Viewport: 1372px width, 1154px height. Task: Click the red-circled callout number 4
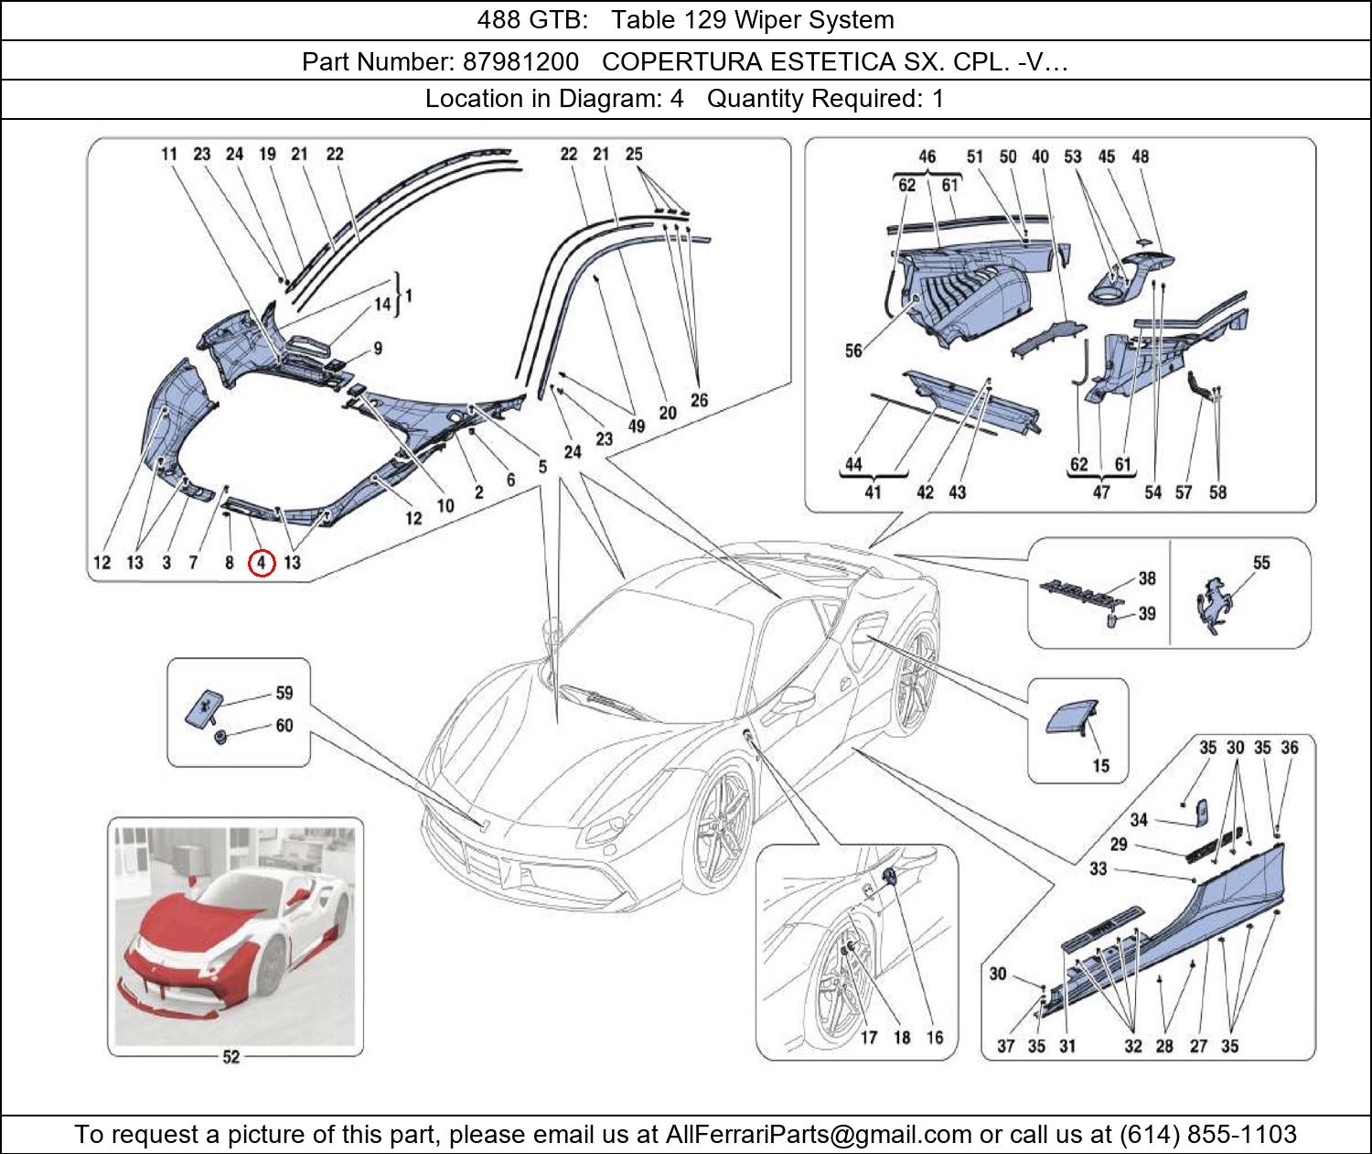[x=262, y=563]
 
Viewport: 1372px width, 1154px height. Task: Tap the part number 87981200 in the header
[x=520, y=61]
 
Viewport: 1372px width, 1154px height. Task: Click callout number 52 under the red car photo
[x=231, y=1057]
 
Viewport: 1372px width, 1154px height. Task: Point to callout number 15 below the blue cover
[x=1100, y=765]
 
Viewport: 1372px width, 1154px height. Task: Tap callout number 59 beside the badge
[x=284, y=693]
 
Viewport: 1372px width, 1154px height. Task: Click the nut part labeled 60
[x=220, y=736]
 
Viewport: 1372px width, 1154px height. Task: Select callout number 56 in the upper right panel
[x=852, y=351]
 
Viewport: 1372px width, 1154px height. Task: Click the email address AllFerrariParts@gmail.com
[x=819, y=1135]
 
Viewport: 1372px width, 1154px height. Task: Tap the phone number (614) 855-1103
[x=1207, y=1135]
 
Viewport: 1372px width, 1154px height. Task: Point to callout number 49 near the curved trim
[x=637, y=426]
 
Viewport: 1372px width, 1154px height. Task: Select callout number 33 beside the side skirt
[x=1098, y=868]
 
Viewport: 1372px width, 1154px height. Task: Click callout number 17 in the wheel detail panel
[x=868, y=1037]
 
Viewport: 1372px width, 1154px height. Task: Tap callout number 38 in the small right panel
[x=1146, y=578]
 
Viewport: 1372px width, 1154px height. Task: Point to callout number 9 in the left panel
[x=377, y=349]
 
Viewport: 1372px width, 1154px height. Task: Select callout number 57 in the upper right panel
[x=1184, y=492]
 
